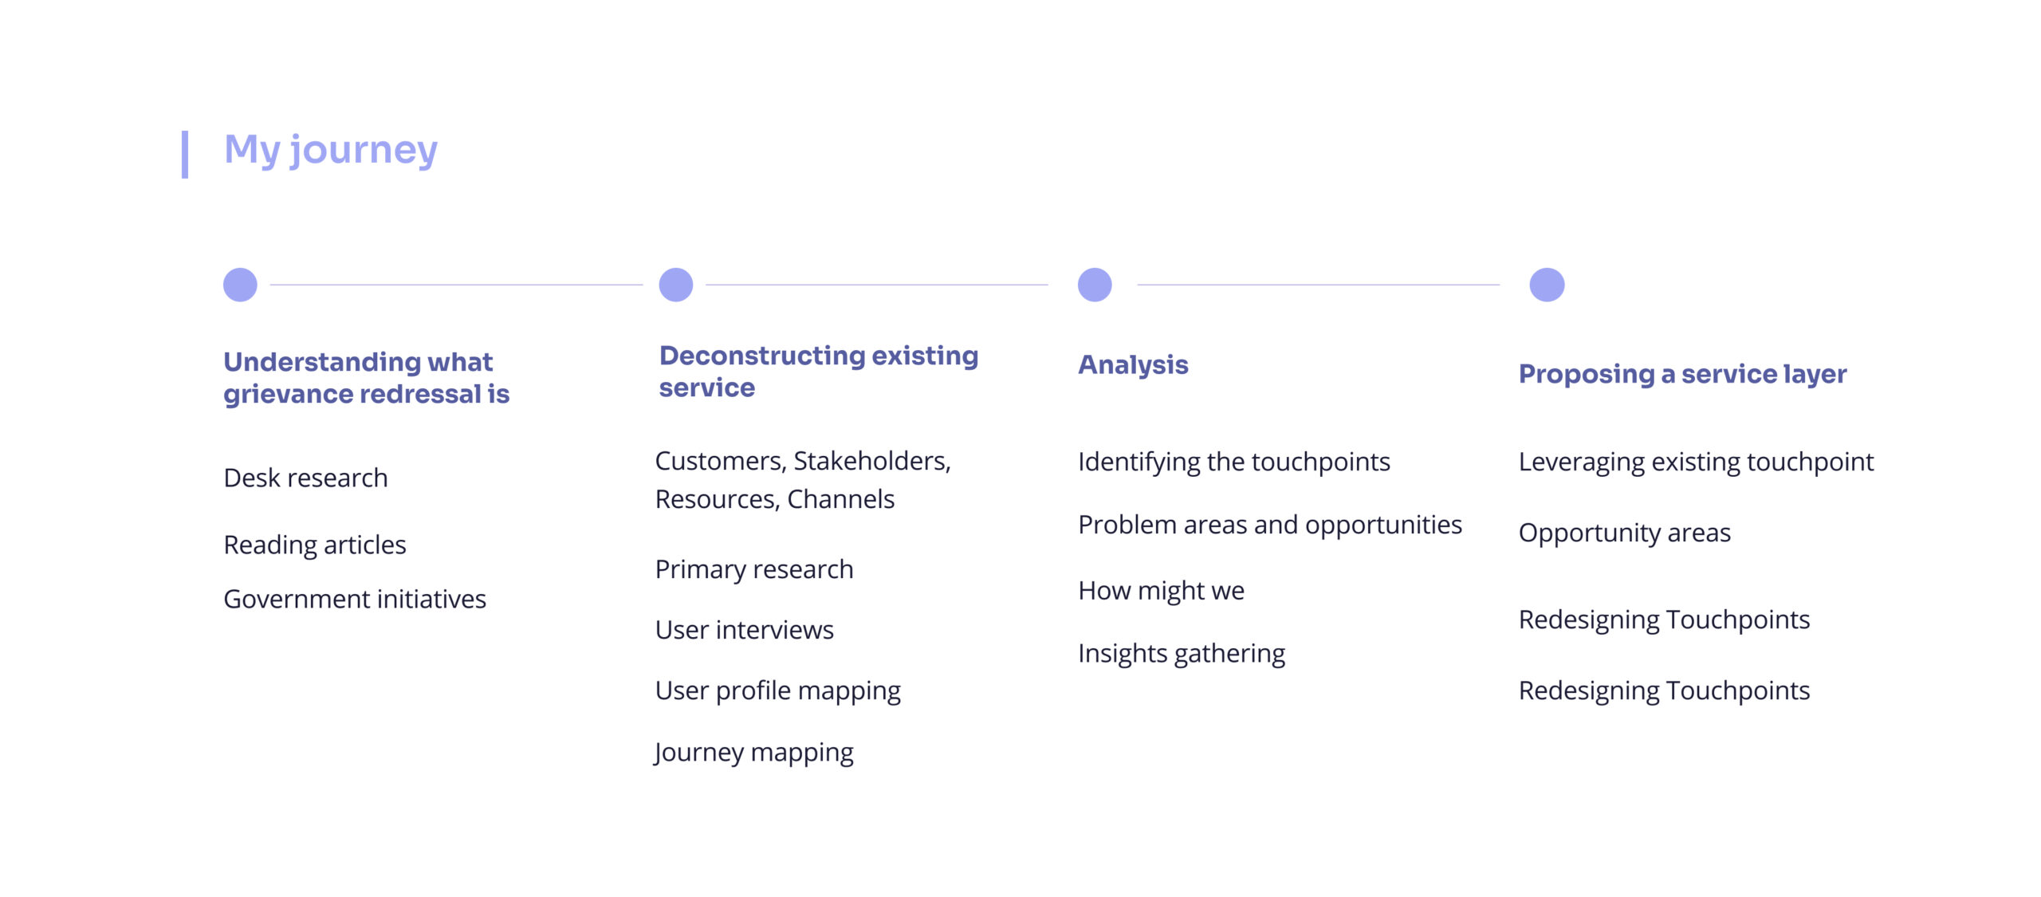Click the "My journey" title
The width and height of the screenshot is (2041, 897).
331,151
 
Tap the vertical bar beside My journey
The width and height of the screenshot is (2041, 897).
185,154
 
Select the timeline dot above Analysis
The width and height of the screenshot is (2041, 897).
1095,285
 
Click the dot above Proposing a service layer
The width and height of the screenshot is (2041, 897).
1547,285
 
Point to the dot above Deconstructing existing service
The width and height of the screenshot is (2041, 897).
676,285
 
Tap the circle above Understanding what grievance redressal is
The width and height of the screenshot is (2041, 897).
240,285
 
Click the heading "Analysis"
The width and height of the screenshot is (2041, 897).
1133,365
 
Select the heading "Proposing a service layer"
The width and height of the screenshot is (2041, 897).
1682,374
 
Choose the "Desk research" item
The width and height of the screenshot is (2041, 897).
305,478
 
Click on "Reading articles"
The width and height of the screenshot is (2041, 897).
315,545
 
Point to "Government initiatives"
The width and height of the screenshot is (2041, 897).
355,599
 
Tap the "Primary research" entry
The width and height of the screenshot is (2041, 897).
754,569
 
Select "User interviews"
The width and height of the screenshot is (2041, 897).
745,630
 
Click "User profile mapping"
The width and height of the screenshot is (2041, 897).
778,690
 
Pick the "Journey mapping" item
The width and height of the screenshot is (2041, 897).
754,753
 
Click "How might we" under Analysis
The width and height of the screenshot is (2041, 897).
1161,591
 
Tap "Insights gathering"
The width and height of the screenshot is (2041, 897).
1182,654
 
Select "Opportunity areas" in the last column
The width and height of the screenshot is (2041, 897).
1624,533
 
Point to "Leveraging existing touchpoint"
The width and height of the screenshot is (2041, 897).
1696,462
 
